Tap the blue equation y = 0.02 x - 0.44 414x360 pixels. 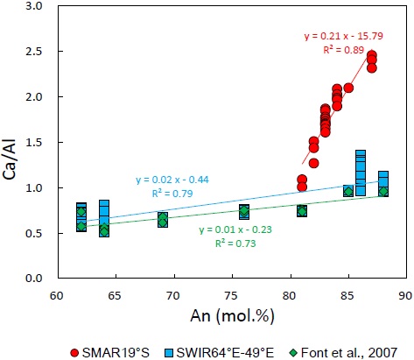[175, 180]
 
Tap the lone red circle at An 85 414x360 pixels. [348, 88]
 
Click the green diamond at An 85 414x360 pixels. [348, 191]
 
